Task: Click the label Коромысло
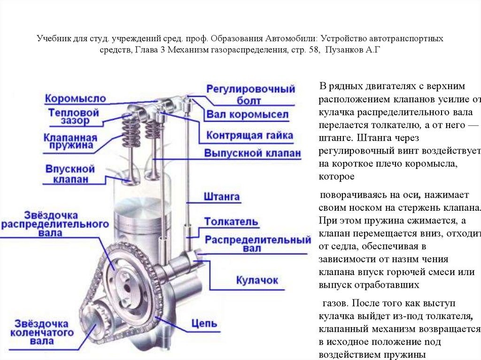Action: [75, 99]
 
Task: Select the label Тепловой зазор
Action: [74, 117]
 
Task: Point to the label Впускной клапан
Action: [70, 174]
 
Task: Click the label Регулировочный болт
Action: [251, 94]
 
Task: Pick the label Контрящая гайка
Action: [249, 136]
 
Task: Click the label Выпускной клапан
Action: [252, 153]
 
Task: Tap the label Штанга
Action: [222, 197]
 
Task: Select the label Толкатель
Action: [231, 222]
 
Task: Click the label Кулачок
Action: [256, 280]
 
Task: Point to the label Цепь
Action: [204, 323]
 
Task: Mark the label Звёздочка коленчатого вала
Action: [45, 333]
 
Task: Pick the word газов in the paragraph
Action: [334, 303]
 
